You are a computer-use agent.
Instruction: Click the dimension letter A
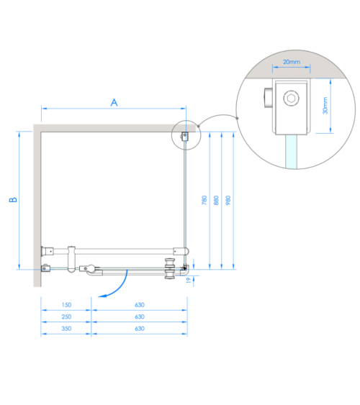[114, 103]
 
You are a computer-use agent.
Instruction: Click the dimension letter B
[13, 200]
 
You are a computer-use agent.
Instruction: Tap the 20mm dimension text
[292, 62]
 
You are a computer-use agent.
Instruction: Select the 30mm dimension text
[325, 105]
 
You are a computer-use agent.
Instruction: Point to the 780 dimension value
[204, 200]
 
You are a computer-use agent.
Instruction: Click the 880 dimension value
[216, 200]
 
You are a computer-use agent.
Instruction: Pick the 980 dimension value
[228, 200]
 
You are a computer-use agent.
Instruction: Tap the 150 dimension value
[66, 305]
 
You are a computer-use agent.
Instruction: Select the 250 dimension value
[66, 317]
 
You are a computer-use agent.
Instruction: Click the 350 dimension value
[66, 329]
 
